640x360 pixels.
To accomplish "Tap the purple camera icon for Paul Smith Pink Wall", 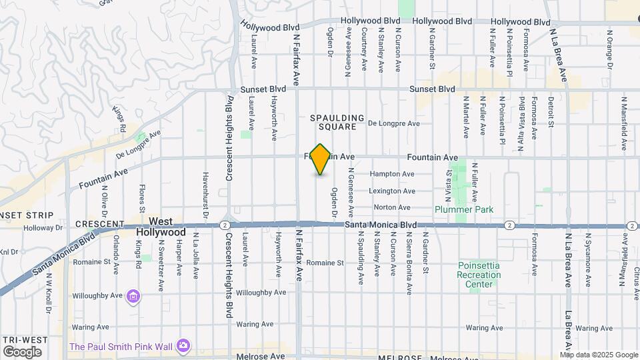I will tap(183, 345).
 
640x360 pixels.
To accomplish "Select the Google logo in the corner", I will tap(22, 351).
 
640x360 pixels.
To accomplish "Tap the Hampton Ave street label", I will tap(392, 174).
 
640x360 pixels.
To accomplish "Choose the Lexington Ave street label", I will tap(394, 191).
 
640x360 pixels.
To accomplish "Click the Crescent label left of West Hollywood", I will tap(99, 224).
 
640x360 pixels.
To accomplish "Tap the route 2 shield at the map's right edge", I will tap(631, 225).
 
